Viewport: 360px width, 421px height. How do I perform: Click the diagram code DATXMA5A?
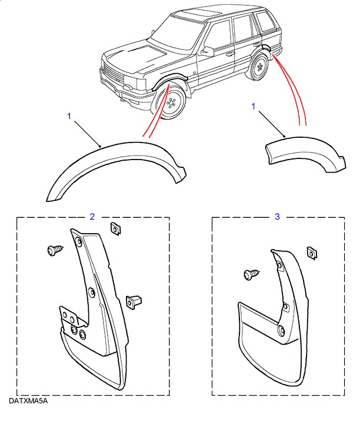[x=28, y=402]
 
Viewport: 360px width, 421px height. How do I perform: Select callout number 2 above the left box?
[x=92, y=217]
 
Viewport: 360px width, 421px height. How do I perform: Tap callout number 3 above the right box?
[x=278, y=217]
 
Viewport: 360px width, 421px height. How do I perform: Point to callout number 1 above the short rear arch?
[x=254, y=107]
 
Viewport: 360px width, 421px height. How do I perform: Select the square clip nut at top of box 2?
[x=115, y=228]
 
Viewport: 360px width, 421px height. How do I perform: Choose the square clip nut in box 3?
[x=312, y=253]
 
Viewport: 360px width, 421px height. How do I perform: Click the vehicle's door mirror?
[x=206, y=51]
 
